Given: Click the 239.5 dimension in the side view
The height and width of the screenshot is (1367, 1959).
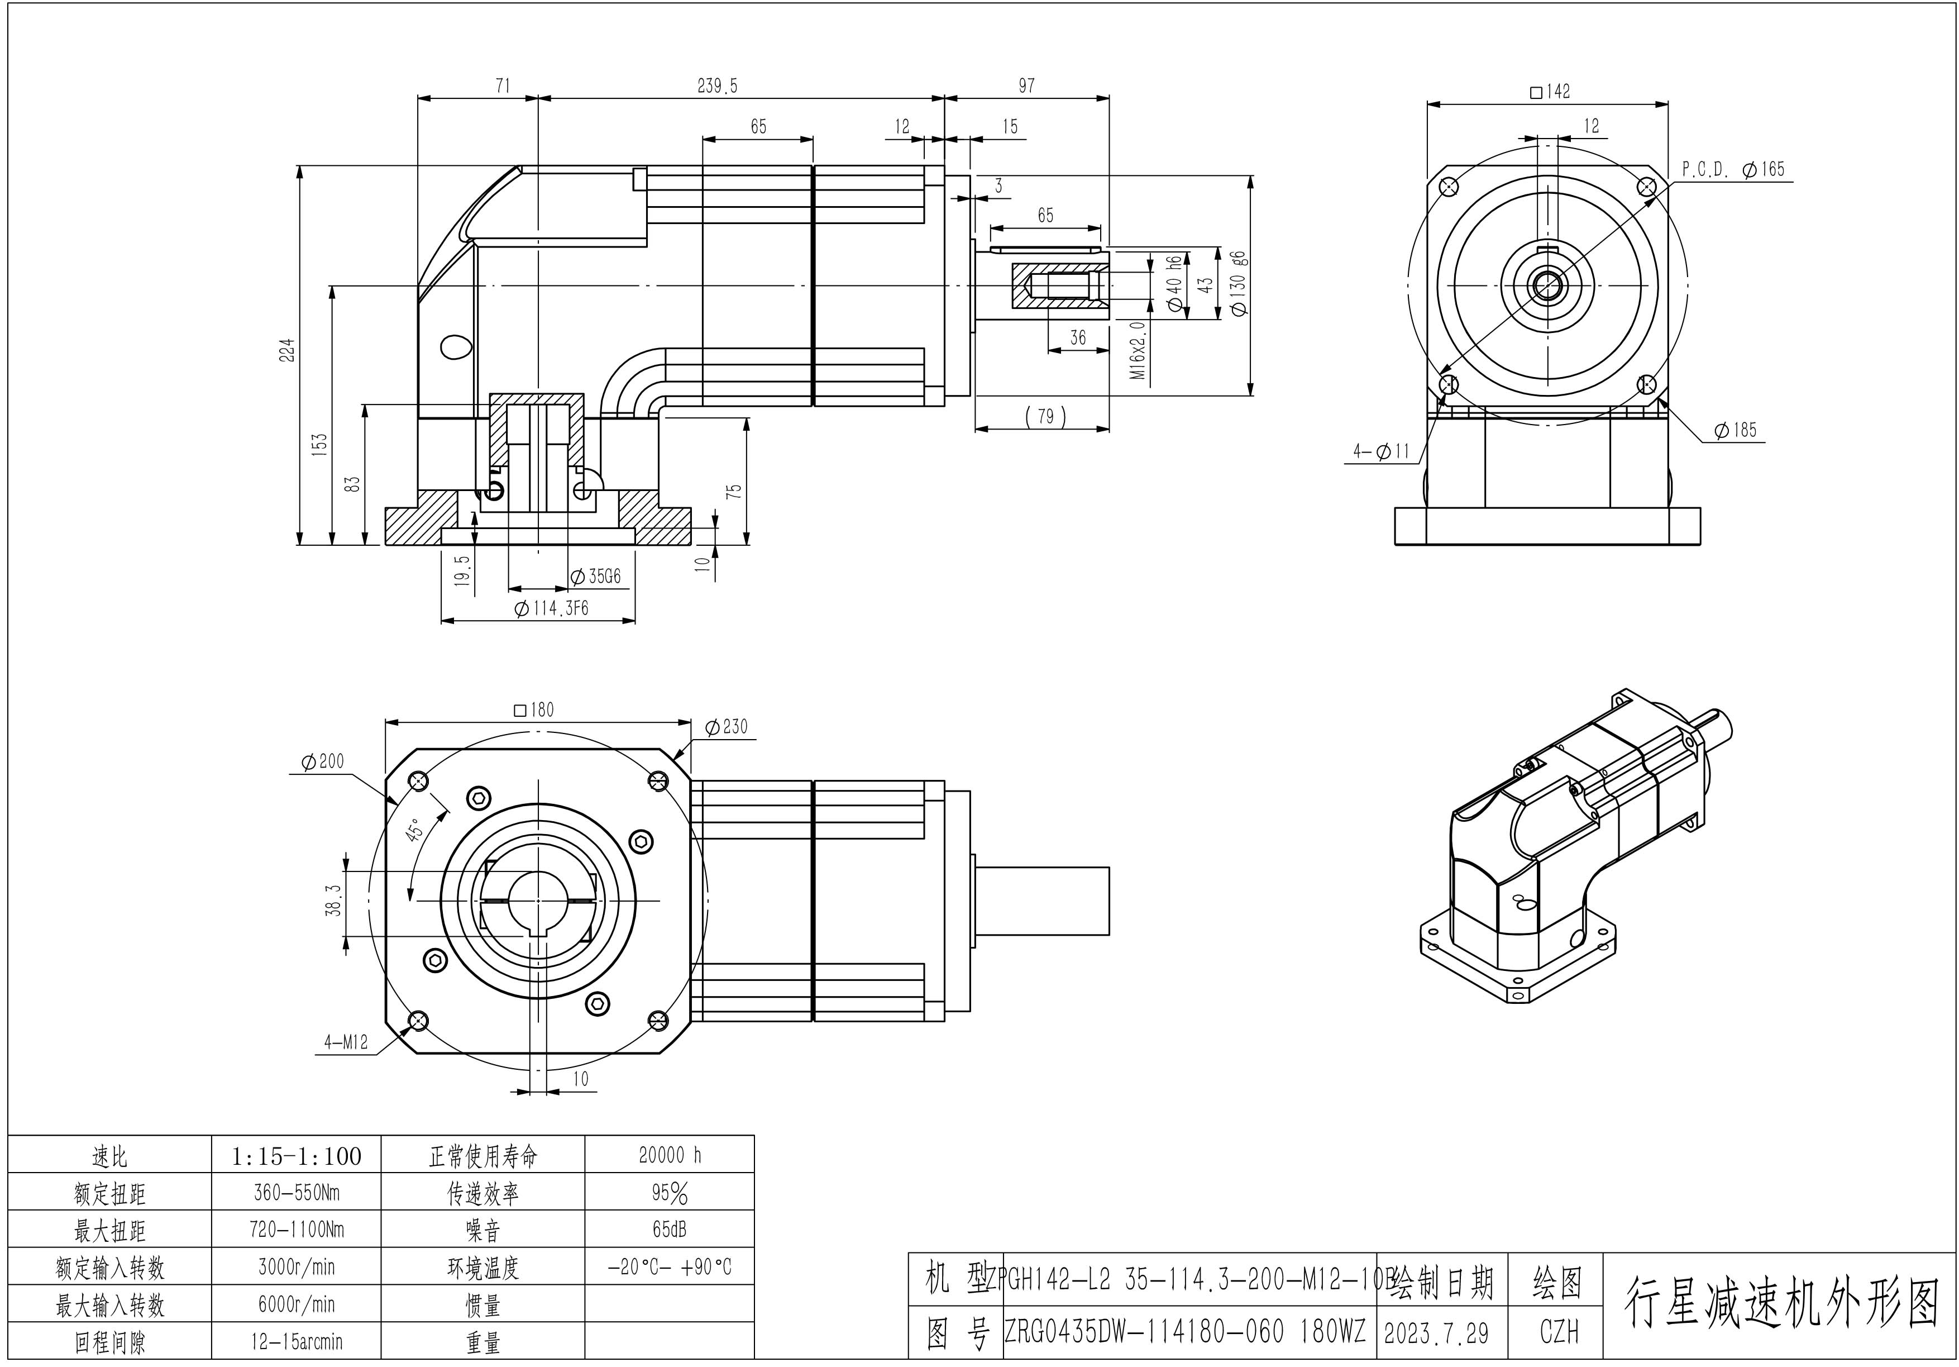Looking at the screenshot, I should tap(716, 86).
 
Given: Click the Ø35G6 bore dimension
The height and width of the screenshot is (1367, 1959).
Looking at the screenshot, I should tap(595, 577).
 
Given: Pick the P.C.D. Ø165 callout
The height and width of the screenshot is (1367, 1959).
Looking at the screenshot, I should tap(1733, 169).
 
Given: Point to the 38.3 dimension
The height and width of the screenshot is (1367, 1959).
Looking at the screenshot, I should tap(333, 900).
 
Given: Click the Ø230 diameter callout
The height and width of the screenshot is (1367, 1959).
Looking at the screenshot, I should tap(726, 726).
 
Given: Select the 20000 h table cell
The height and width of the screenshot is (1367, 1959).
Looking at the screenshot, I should tap(670, 1155).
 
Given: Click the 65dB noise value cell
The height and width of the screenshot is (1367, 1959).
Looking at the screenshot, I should tap(670, 1229).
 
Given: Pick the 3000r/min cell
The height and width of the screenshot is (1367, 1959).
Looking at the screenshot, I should tap(296, 1267).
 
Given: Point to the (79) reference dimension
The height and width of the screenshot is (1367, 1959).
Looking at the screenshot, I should tap(1046, 416).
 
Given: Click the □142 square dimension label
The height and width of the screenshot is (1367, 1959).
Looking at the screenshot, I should tap(1550, 91).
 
